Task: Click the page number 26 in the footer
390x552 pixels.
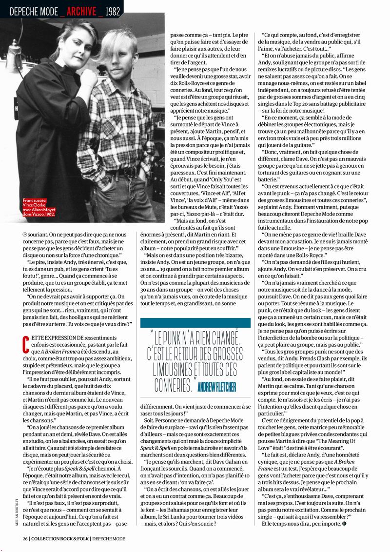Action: click(x=24, y=538)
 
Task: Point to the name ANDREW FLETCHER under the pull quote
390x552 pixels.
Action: click(x=217, y=387)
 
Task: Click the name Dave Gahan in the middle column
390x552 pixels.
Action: click(x=228, y=461)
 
